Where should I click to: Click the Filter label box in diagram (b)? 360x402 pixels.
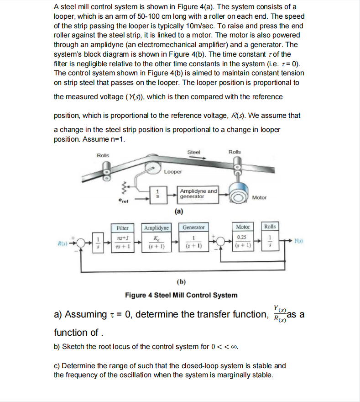123,227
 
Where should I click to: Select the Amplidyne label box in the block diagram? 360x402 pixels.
157,227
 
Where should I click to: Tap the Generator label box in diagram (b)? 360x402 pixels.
193,227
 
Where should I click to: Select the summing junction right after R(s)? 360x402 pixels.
81,243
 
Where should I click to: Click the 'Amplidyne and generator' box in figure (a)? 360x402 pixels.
198,193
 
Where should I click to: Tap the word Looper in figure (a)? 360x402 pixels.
173,172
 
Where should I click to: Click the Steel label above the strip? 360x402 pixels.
193,152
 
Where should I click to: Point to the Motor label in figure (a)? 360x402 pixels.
259,197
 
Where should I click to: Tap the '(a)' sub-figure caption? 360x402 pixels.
179,211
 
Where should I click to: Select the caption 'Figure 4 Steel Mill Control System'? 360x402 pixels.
181,295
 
